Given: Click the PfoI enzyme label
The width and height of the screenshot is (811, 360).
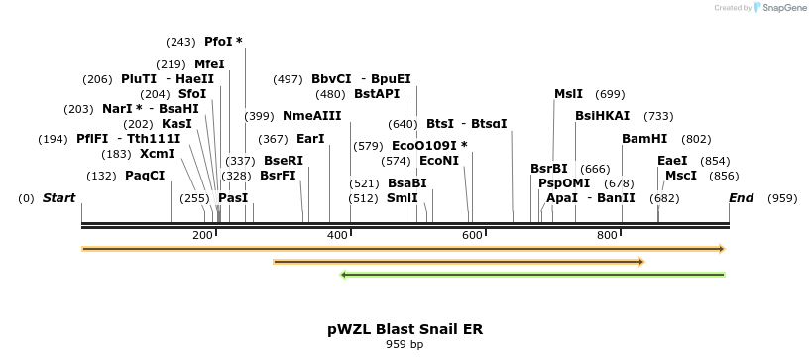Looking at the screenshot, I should (218, 42).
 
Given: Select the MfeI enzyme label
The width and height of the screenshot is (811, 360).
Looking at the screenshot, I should (209, 64).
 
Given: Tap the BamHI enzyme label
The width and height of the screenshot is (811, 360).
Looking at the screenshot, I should (644, 139).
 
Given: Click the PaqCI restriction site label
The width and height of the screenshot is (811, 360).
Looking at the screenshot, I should (145, 176).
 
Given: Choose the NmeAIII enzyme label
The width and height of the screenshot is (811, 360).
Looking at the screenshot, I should (311, 116).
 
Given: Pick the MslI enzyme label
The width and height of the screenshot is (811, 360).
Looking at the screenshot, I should (568, 94).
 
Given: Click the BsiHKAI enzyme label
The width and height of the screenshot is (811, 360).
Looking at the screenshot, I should (602, 116).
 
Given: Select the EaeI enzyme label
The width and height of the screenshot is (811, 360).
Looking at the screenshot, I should (672, 161).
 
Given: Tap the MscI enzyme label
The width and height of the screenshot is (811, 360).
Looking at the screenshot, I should (681, 176).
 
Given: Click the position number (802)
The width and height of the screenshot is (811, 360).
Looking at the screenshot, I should (697, 139).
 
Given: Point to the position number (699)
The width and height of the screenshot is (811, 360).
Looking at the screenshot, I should (610, 94).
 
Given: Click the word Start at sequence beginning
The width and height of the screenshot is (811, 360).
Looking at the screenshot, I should (58, 198).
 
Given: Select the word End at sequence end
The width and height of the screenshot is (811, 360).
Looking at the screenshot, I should (742, 198).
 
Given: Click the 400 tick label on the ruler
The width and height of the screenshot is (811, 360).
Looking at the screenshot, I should (337, 235).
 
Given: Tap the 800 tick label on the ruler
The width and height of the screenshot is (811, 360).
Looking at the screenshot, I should (607, 235).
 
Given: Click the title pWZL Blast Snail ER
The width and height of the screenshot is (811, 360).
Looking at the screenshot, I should (405, 328).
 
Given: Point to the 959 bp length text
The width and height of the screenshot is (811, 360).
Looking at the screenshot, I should (405, 345).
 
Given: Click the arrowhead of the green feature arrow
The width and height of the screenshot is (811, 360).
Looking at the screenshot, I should (343, 275).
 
